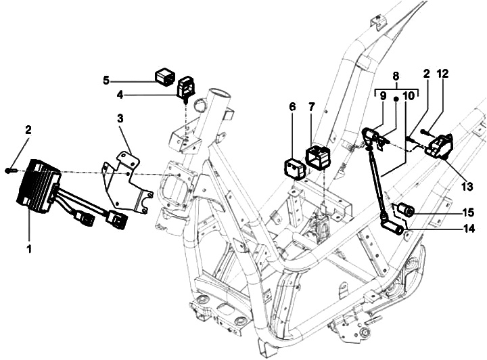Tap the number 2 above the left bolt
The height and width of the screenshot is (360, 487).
(28, 129)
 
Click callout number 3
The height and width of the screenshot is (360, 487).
(120, 118)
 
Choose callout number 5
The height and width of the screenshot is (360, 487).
(106, 81)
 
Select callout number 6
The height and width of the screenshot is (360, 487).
(292, 107)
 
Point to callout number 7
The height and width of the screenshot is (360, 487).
(312, 107)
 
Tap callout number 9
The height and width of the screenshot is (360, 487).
(383, 97)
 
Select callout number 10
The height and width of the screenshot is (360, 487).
(407, 97)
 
